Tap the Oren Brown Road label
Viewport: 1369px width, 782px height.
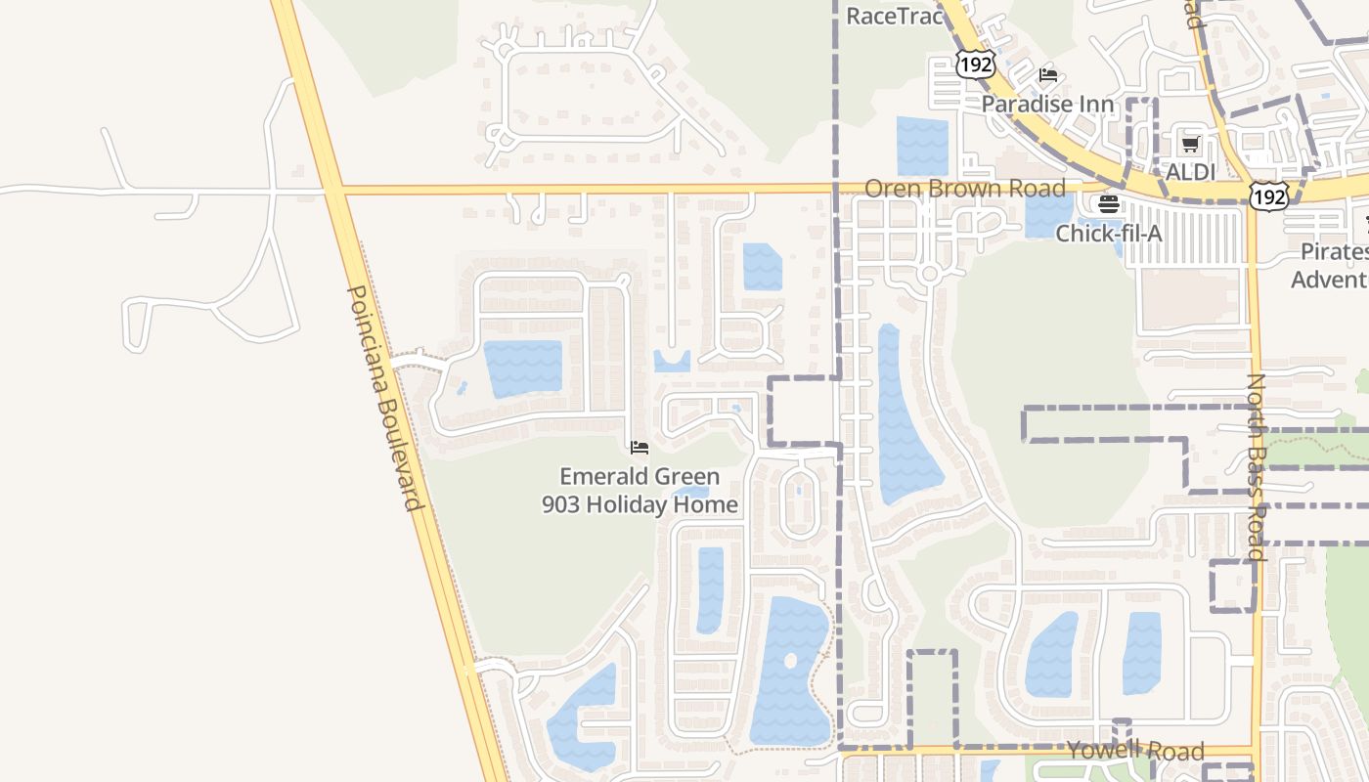964,189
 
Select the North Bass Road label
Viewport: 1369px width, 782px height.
1257,466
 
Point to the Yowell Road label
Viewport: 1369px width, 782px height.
1135,751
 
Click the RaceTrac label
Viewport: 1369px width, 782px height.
894,16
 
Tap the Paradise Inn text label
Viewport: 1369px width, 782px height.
1047,104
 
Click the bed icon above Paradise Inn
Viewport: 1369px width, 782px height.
1048,74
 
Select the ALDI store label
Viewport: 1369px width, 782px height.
1190,172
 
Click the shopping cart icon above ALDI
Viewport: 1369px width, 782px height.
1190,145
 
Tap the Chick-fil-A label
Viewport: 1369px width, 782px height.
1108,234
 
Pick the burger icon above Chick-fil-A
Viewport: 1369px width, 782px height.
1108,204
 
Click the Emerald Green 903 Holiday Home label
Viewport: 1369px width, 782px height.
640,491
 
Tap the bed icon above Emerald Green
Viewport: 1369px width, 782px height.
640,448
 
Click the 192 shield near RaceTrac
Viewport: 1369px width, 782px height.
975,65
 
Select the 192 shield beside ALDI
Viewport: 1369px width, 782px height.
1269,196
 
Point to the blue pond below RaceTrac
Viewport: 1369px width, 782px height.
922,146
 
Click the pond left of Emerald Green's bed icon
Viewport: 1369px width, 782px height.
524,367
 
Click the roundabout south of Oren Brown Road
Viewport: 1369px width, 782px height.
929,275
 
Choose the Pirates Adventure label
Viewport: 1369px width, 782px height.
1332,266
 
